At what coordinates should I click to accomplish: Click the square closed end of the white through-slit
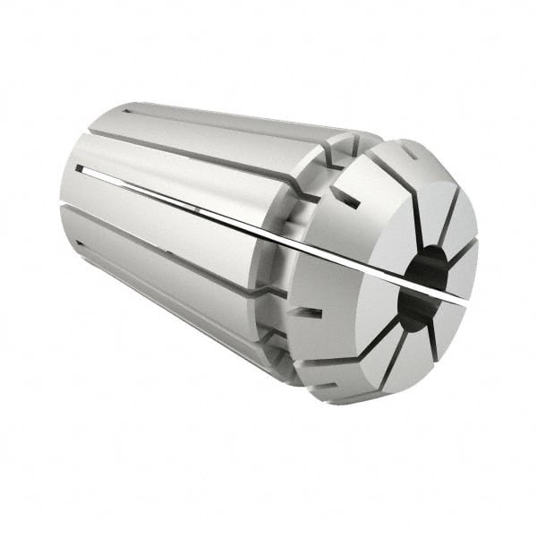pos(79,167)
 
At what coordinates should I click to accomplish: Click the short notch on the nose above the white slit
pos(345,199)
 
